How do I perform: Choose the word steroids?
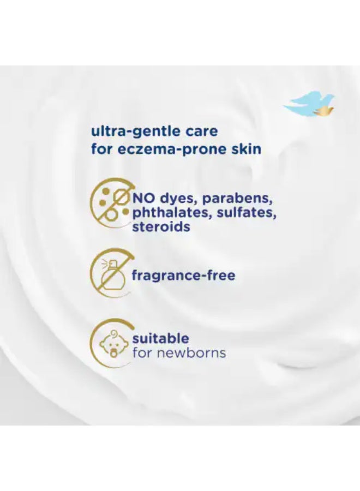161,226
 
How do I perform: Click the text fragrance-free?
183,276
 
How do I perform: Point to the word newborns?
191,353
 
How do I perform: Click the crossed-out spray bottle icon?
111,272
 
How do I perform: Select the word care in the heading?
202,131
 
